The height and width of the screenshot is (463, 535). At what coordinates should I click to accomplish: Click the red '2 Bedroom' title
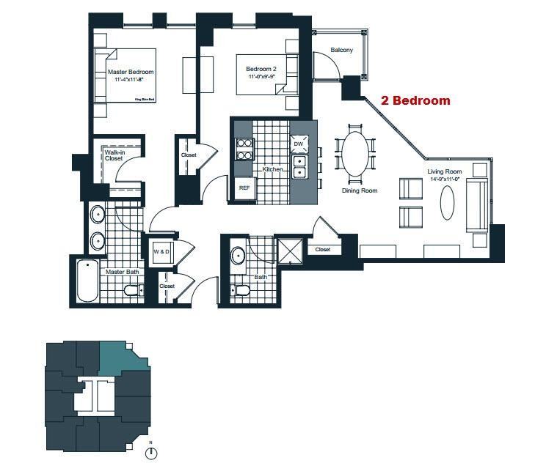pyautogui.click(x=415, y=101)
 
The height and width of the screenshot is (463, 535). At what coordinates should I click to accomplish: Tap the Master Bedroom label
pyautogui.click(x=131, y=72)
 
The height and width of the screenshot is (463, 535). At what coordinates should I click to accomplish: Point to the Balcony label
pyautogui.click(x=341, y=50)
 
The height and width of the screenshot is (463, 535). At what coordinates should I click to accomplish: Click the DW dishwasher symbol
pyautogui.click(x=299, y=144)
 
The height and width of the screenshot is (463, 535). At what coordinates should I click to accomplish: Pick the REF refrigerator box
pyautogui.click(x=244, y=188)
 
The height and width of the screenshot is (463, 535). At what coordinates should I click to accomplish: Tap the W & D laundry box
pyautogui.click(x=161, y=252)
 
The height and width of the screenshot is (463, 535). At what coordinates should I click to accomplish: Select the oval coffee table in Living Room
pyautogui.click(x=446, y=203)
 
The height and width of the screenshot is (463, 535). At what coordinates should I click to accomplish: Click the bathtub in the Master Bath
pyautogui.click(x=87, y=281)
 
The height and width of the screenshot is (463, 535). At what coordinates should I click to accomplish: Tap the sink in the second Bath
pyautogui.click(x=238, y=256)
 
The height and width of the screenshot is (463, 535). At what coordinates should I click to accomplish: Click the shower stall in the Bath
pyautogui.click(x=290, y=251)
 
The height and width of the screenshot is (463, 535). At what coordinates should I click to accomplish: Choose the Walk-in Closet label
pyautogui.click(x=114, y=155)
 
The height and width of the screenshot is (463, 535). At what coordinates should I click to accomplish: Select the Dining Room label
pyautogui.click(x=360, y=190)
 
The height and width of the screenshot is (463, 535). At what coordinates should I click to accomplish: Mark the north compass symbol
pyautogui.click(x=151, y=453)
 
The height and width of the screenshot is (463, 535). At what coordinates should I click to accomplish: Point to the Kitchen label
pyautogui.click(x=273, y=169)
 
